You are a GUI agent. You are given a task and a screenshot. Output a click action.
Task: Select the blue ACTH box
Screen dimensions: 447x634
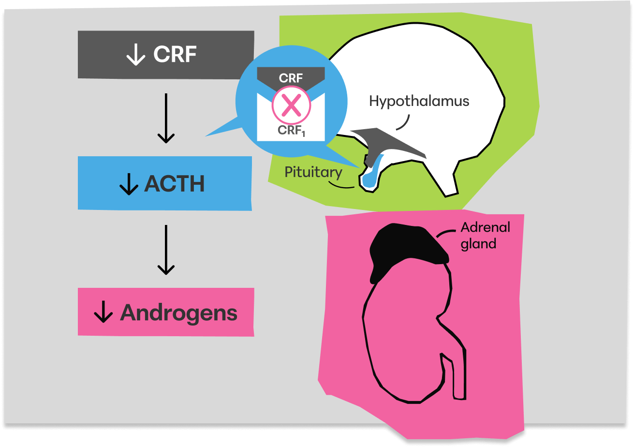(165, 183)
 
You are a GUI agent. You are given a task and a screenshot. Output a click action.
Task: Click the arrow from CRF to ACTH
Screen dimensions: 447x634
(166, 119)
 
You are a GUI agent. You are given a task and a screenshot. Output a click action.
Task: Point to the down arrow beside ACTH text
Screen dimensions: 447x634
(129, 184)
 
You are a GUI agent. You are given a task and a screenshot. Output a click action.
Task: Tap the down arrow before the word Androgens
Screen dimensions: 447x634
(103, 313)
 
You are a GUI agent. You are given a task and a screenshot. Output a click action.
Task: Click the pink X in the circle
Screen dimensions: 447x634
(291, 106)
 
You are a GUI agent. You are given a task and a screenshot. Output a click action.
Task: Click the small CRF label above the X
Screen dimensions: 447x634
(291, 78)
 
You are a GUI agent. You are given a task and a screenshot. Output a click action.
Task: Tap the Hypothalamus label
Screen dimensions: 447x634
(419, 101)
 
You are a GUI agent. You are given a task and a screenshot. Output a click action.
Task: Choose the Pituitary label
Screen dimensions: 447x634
(313, 172)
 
